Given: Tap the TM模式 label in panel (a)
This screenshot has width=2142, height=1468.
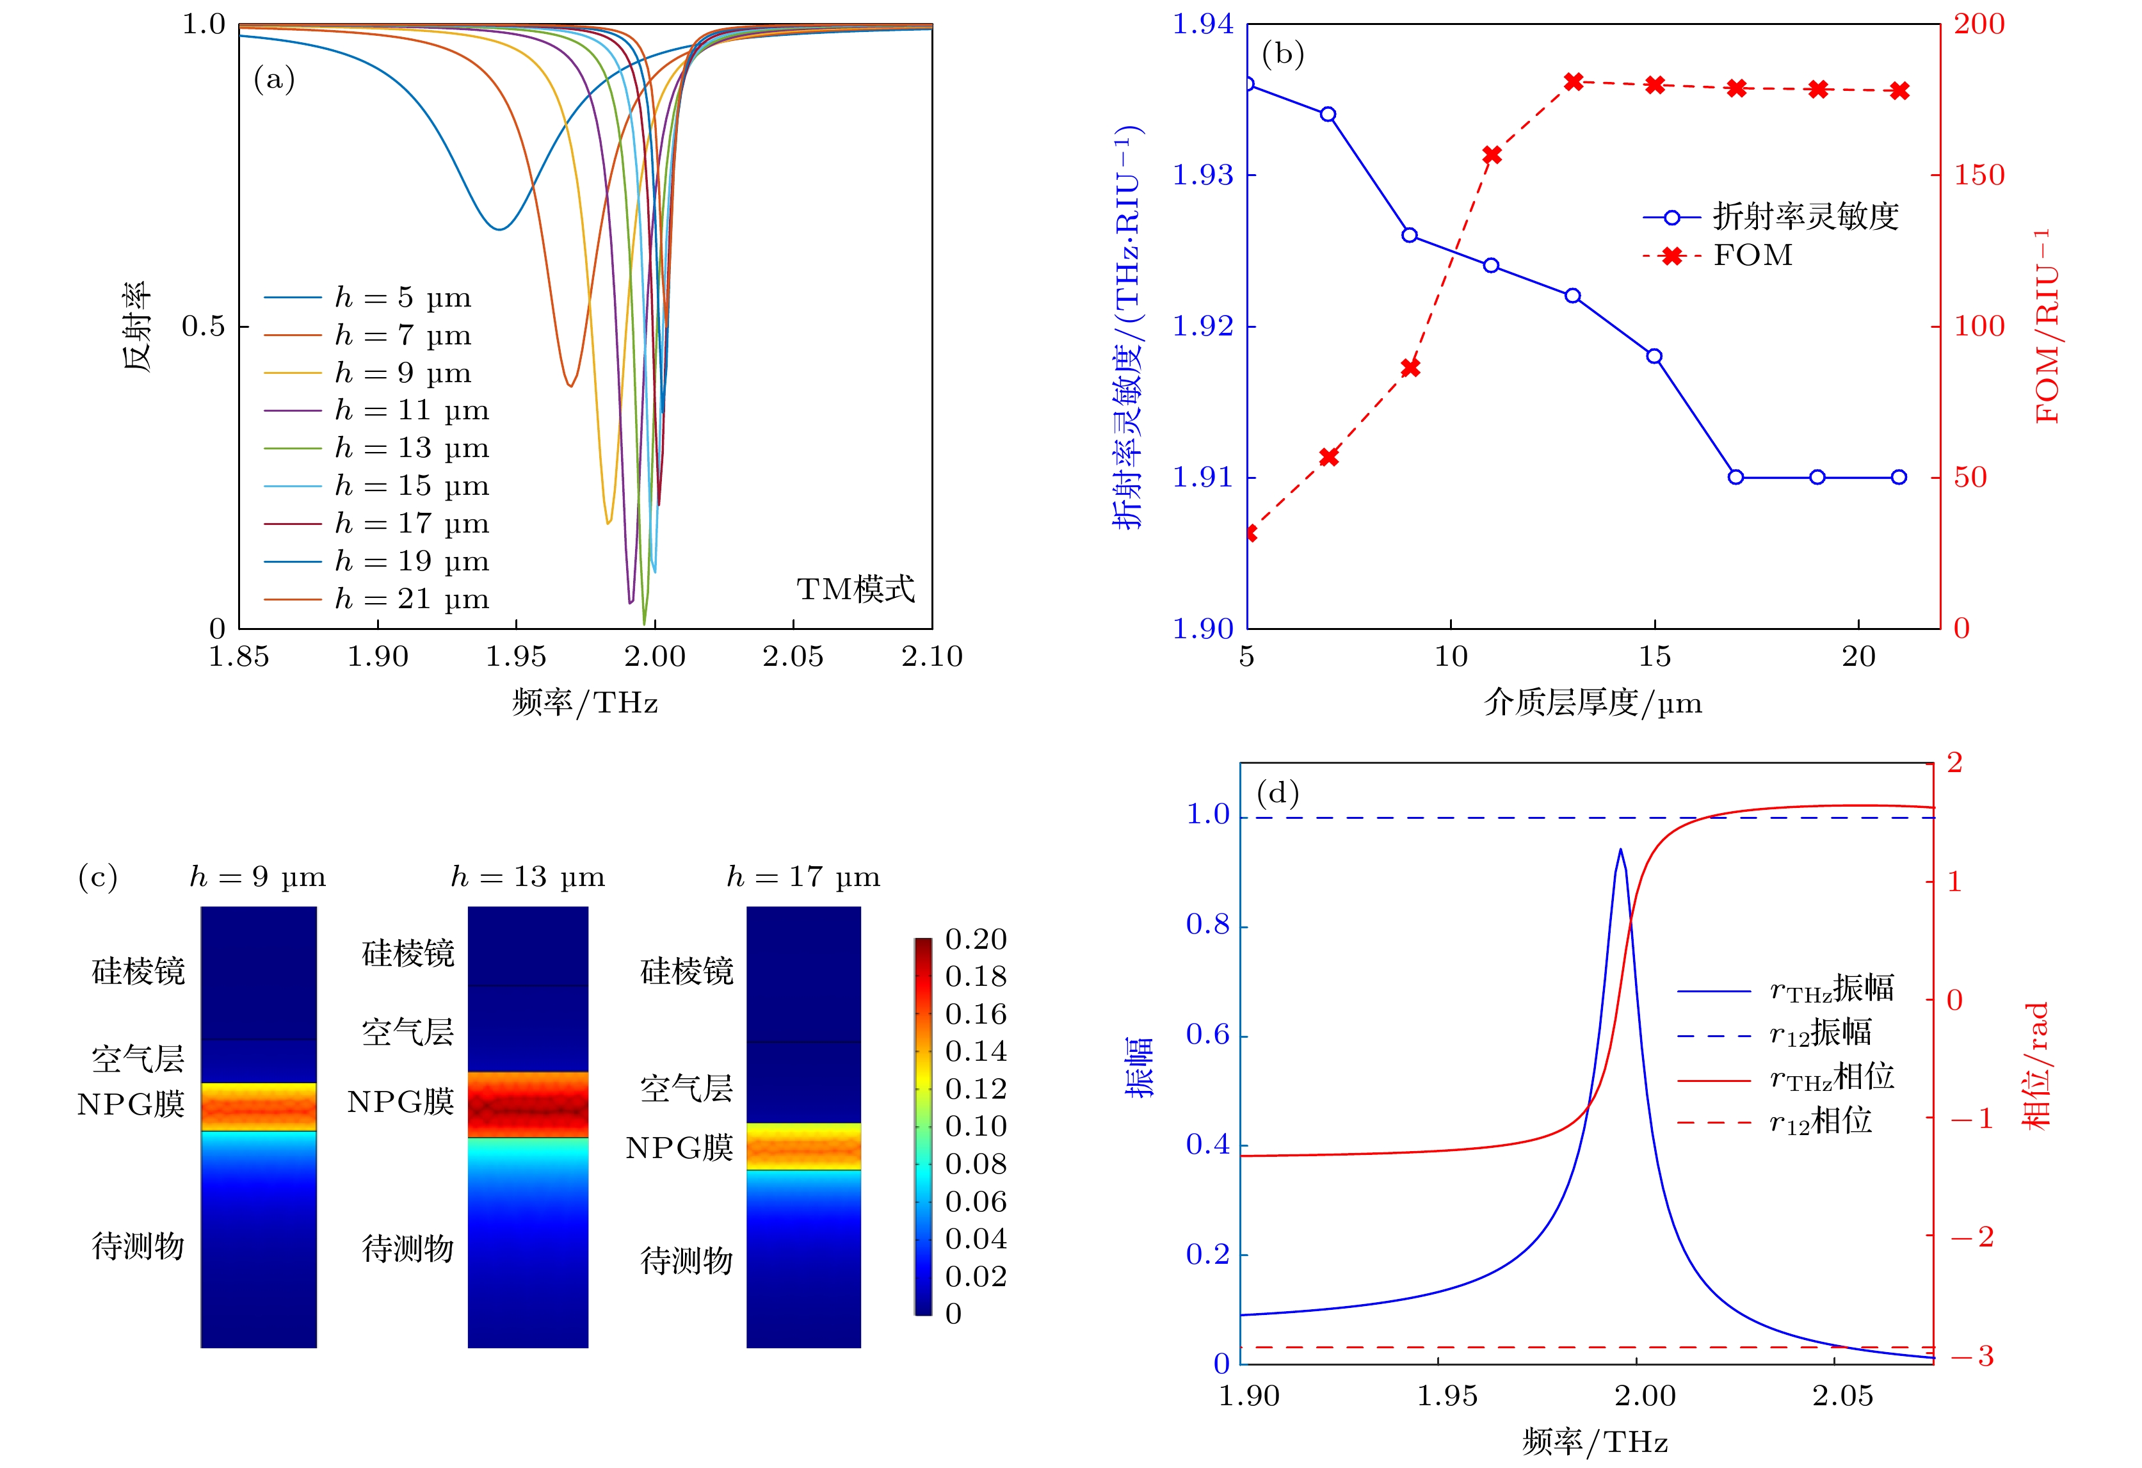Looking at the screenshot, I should click(x=855, y=589).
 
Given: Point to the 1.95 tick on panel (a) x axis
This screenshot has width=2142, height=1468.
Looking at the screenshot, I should click(x=516, y=656).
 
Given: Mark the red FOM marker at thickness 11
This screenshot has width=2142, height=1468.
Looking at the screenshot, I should click(x=1492, y=155).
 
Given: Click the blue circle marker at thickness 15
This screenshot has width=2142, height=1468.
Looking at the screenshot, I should click(x=1654, y=356).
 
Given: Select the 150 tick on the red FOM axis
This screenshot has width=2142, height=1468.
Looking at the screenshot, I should click(x=1979, y=174).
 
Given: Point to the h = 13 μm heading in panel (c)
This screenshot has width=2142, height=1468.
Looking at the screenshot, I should click(x=527, y=876).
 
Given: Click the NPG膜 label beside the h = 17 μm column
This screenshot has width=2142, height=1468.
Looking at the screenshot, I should click(x=679, y=1147).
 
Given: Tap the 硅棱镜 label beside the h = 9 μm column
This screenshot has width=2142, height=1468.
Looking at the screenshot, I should click(x=138, y=971).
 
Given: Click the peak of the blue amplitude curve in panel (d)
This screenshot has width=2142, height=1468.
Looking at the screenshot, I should click(x=1620, y=850).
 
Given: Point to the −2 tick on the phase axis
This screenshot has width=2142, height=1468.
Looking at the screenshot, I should click(x=1972, y=1237).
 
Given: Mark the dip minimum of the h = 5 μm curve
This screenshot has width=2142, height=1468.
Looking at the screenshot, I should click(x=499, y=229).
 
